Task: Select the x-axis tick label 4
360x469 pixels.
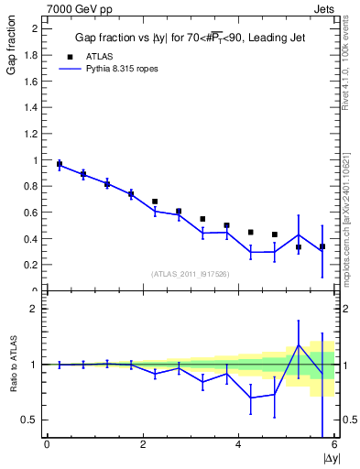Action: [238, 446]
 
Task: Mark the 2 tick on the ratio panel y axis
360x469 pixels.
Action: [37, 309]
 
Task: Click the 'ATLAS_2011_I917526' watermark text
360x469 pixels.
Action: [190, 274]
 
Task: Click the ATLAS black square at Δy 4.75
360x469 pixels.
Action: [275, 234]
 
